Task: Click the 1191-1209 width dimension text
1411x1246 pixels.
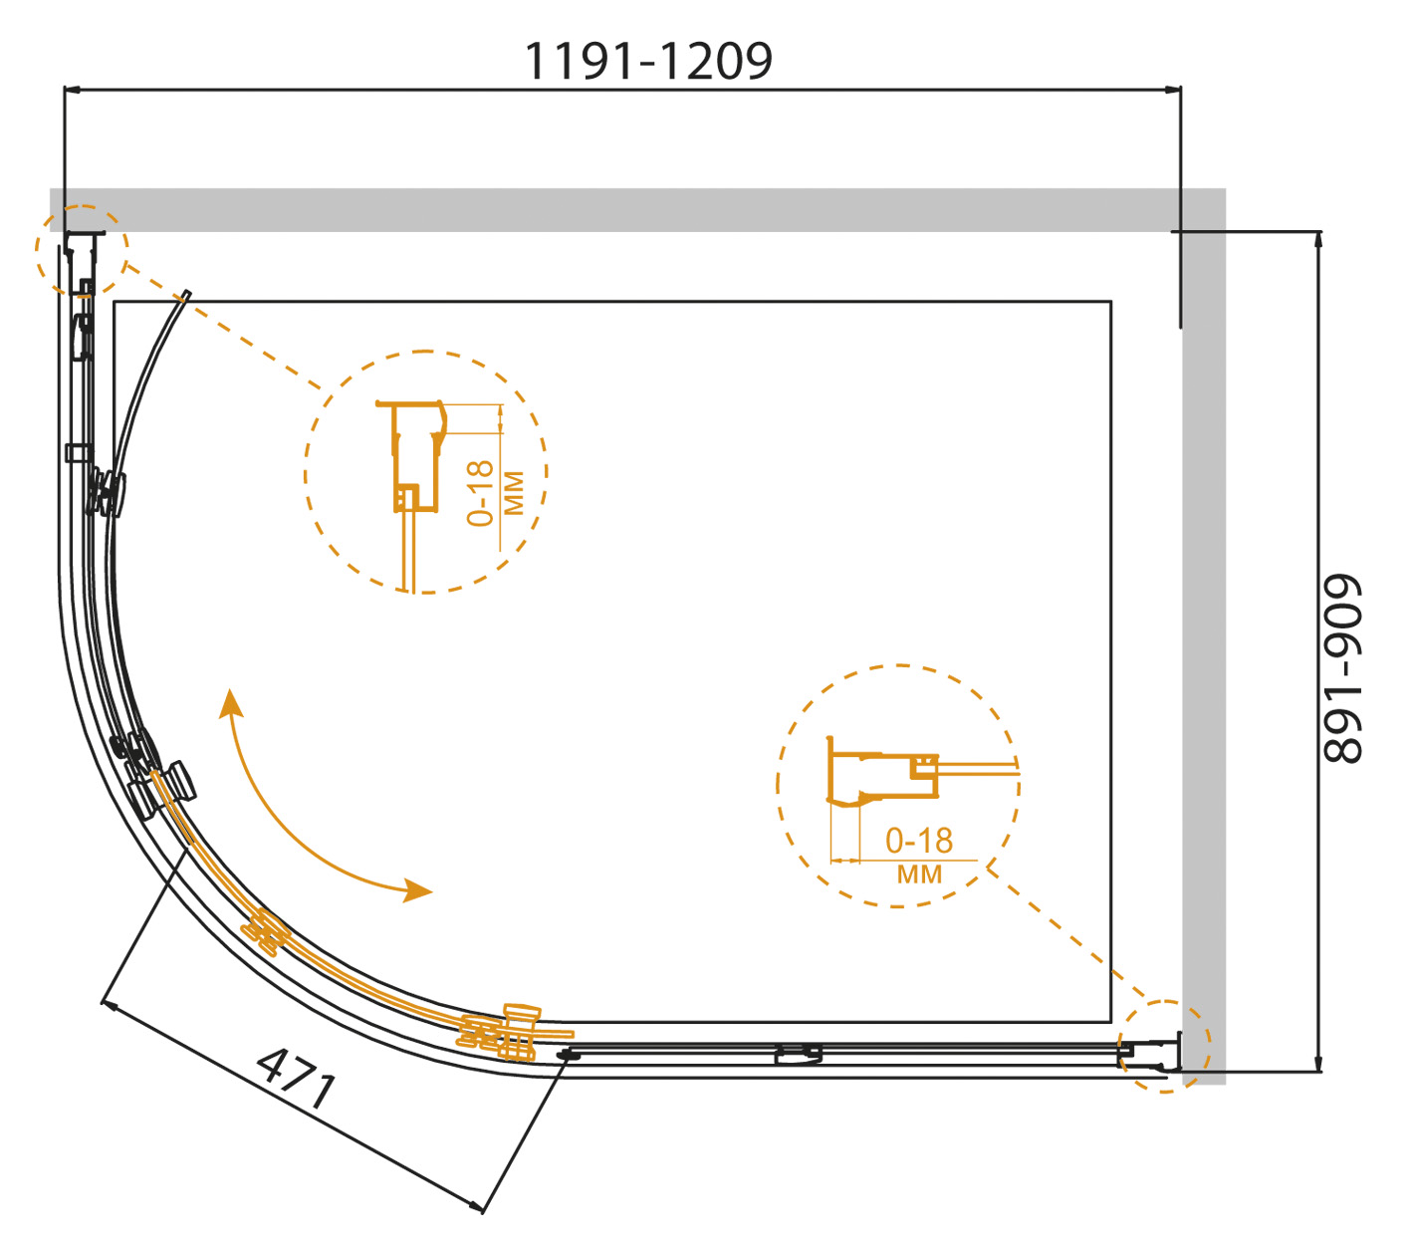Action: pyautogui.click(x=647, y=61)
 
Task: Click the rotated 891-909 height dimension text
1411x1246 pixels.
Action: pyautogui.click(x=1340, y=668)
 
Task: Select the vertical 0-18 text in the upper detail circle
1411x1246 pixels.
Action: pyautogui.click(x=480, y=493)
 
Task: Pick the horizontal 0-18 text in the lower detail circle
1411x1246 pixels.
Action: pyautogui.click(x=919, y=841)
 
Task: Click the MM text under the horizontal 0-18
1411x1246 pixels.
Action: pyautogui.click(x=919, y=873)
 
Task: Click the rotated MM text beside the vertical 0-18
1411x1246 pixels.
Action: pyautogui.click(x=513, y=493)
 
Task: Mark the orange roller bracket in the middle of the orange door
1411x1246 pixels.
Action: pyautogui.click(x=264, y=932)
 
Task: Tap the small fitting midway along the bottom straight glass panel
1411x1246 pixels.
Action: pyautogui.click(x=799, y=1055)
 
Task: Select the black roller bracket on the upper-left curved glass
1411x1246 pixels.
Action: pyautogui.click(x=106, y=492)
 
